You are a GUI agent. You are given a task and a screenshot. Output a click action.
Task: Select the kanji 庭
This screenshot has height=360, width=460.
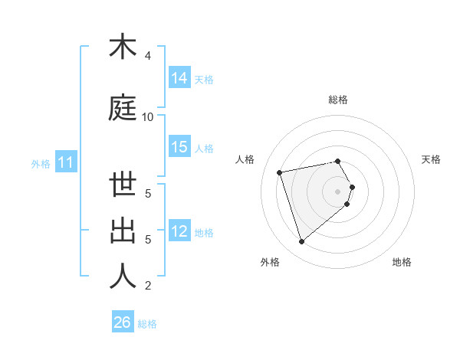point(123,108)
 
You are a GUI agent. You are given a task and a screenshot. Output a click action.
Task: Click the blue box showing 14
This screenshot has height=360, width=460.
point(179,77)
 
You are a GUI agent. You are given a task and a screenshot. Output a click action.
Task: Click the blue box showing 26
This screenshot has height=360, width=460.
point(123,322)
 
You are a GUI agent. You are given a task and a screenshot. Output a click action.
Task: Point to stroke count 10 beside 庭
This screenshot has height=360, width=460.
point(148,116)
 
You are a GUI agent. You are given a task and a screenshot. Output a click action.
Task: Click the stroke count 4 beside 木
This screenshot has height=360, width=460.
point(148,55)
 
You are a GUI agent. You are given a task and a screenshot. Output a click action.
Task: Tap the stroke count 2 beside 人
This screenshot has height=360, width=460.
point(148,286)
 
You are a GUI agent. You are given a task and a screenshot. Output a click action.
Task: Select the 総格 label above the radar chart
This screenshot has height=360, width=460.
point(338,100)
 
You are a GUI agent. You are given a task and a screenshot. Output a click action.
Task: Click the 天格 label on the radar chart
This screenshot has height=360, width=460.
point(431,159)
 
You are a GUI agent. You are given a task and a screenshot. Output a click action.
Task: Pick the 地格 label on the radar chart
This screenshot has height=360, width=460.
point(402,262)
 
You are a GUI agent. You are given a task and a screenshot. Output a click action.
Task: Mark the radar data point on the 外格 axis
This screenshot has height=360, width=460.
point(301,241)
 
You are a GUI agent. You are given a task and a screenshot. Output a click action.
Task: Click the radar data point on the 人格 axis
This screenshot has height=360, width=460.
point(280,172)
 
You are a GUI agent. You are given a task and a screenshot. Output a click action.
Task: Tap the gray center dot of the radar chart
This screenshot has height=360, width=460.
point(338,191)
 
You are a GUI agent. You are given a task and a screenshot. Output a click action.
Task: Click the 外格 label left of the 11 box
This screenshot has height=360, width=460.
point(41,163)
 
